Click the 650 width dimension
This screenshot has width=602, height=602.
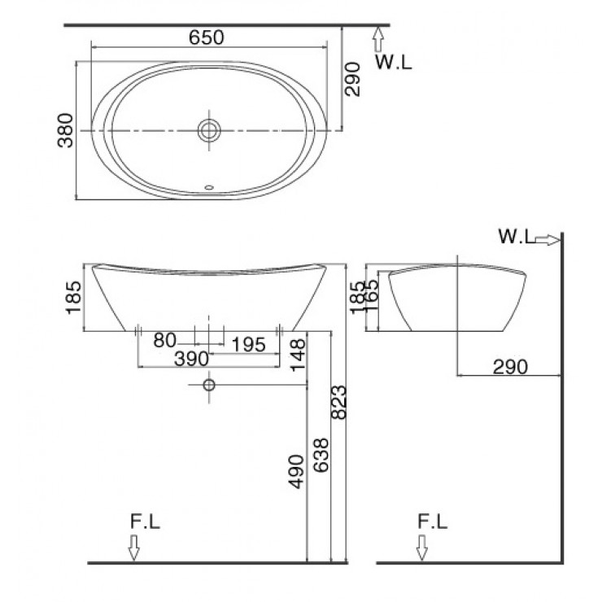207,37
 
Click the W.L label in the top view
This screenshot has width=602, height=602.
394,62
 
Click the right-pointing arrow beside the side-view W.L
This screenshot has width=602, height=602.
548,239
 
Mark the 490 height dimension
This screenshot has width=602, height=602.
299,472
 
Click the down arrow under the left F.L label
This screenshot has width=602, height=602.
133,551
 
